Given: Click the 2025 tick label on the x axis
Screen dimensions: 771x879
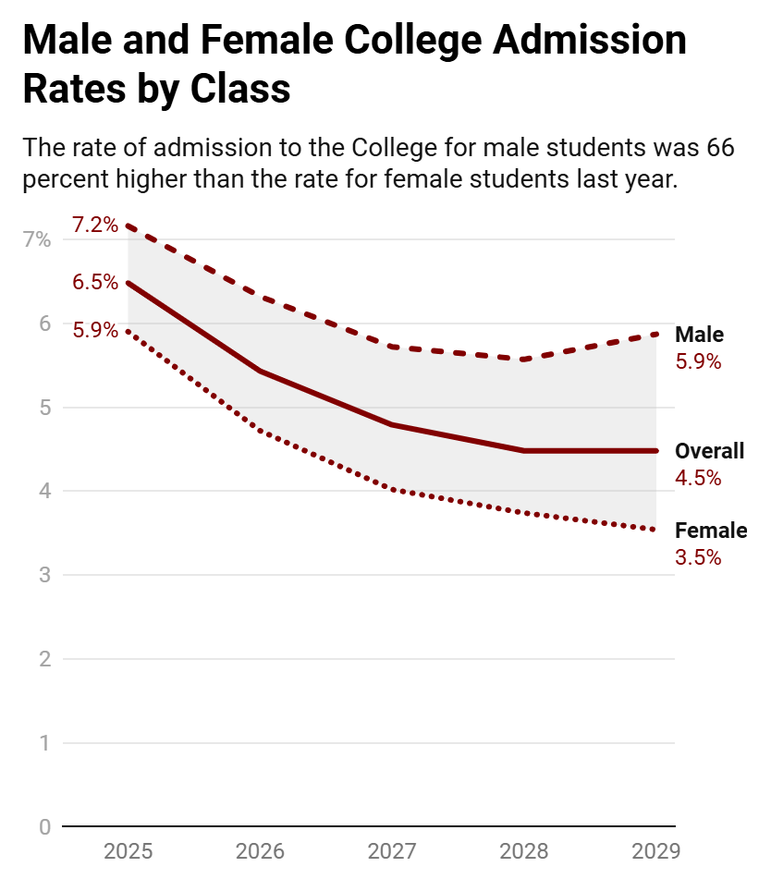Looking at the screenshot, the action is [128, 851].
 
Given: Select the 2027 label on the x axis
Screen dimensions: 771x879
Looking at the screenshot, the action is [392, 851].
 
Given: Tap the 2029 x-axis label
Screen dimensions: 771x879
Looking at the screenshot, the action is [656, 851].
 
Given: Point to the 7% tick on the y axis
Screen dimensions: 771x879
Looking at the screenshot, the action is [37, 239].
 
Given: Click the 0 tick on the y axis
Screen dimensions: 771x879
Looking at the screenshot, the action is [45, 827].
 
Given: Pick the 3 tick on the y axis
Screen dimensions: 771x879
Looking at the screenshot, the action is [45, 575].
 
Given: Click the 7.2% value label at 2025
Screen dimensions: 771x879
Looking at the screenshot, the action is [95, 225].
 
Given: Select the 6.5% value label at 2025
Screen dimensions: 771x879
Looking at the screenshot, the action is [95, 282].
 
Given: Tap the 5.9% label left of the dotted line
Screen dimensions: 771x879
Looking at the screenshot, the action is [95, 330].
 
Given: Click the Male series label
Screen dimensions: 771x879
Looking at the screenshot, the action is [699, 335].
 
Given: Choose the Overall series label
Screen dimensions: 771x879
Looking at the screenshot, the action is [709, 451].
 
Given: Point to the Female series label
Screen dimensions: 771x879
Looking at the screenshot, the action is [711, 531].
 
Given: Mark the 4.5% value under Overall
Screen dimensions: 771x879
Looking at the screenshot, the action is [698, 478].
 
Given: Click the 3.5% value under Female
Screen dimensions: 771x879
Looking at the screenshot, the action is [698, 557].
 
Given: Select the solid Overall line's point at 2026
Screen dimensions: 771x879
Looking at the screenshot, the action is [260, 372].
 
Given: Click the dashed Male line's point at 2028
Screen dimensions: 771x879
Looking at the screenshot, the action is [524, 360].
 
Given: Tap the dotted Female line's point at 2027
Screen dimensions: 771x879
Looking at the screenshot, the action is [392, 490].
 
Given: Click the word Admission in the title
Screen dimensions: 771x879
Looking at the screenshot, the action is [589, 41].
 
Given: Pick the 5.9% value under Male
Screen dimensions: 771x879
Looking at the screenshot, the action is [698, 361].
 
